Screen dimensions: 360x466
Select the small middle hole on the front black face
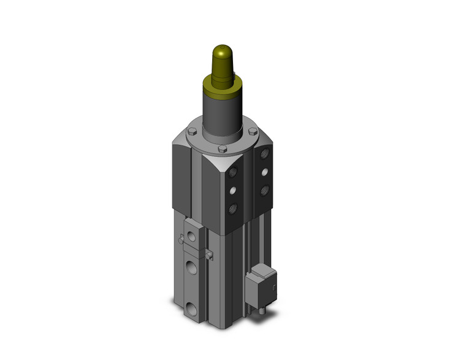click(x=234, y=191)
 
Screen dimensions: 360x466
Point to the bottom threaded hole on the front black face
click(x=234, y=209)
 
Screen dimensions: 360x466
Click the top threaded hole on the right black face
click(x=264, y=151)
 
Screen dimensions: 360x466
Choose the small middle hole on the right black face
click(x=264, y=171)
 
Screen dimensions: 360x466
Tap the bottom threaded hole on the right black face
click(x=264, y=191)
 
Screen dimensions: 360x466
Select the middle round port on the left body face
click(x=193, y=270)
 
